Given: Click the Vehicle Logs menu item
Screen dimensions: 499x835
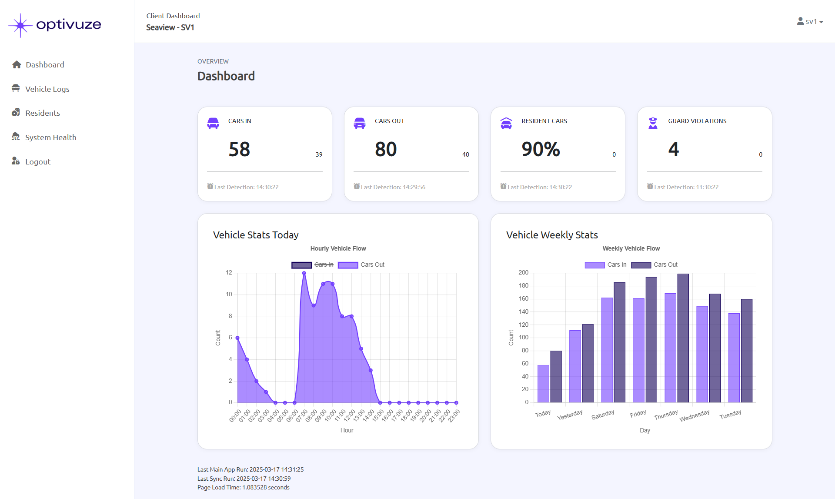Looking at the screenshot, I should click(47, 89).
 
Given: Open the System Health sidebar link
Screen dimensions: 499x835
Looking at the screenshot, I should click(50, 137).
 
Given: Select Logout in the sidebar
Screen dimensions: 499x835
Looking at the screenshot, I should click(37, 161).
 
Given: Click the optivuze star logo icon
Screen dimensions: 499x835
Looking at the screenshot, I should click(20, 25).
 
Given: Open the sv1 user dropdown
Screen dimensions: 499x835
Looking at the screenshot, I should click(810, 21).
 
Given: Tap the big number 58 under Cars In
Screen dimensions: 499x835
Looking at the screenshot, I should click(239, 149).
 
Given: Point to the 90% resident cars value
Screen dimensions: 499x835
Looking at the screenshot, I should click(541, 149).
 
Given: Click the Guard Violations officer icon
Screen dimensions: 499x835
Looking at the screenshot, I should click(653, 123).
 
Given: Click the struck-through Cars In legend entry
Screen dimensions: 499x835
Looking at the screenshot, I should click(324, 265).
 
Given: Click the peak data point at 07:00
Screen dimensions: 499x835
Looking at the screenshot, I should click(304, 273).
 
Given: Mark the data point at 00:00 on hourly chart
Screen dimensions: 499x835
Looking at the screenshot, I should click(237, 338).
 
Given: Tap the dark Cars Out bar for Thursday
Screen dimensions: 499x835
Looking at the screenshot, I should click(683, 338).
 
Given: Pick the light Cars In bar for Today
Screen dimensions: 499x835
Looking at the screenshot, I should click(543, 383).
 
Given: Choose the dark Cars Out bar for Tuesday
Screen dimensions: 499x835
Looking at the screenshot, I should click(746, 351).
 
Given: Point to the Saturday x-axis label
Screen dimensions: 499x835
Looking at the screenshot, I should click(603, 415).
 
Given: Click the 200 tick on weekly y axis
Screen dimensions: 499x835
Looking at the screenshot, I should click(523, 273).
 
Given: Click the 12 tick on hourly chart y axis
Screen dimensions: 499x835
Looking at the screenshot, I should click(229, 273).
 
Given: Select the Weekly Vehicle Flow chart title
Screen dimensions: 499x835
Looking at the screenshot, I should click(631, 248).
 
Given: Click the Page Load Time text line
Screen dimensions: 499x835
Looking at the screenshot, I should click(243, 487).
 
